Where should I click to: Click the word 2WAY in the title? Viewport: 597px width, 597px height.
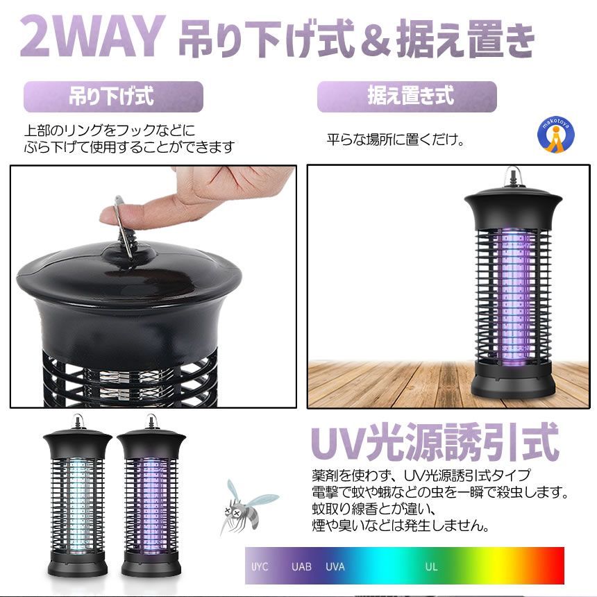93,37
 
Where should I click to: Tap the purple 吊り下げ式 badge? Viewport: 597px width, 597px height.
113,96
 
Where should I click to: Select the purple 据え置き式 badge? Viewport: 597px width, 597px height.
407,96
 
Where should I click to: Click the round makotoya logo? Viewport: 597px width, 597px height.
556,135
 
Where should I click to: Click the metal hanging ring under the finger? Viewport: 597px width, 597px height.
124,228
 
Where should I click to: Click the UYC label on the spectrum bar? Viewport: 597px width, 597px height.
260,566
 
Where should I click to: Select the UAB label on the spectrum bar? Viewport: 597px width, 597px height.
301,566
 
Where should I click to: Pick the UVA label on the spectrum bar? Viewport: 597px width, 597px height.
335,566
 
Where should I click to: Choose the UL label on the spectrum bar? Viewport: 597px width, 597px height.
431,566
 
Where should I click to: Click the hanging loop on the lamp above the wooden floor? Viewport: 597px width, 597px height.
512,176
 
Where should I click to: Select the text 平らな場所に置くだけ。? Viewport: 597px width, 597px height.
396,140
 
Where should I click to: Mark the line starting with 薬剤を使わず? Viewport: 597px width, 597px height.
421,475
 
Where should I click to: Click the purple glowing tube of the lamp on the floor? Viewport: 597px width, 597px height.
512,297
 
